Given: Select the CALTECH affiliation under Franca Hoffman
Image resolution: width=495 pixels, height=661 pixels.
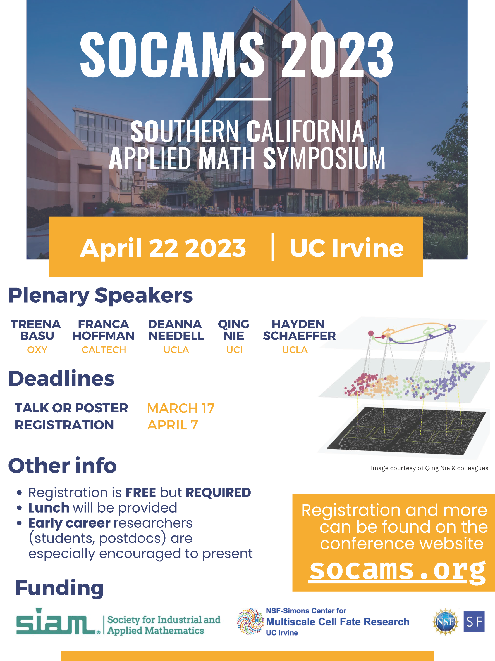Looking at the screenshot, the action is coord(104,350).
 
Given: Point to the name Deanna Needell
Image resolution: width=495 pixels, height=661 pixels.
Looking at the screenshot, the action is coord(176,330).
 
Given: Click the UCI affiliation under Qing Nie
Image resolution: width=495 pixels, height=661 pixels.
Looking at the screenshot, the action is coord(234,350).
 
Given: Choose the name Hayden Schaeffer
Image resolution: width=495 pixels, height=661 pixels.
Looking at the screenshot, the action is coord(299,330).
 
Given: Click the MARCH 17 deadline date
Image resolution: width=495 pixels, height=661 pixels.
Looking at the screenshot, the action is coord(181,408).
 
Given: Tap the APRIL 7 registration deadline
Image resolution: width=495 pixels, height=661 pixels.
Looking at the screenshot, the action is coord(173,425).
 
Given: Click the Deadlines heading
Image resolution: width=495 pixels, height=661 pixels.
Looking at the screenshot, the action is coord(61,379).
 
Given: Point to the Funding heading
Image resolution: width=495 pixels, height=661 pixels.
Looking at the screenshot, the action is coord(59,588).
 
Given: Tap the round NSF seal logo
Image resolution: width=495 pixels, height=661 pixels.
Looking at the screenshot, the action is coord(446,622).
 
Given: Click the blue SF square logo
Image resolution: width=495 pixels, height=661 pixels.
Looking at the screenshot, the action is coord(474,622).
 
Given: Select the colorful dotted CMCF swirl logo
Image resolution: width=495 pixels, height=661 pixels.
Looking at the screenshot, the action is coord(250,621).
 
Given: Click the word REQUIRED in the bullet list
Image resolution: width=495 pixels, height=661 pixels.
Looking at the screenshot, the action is coord(218,493).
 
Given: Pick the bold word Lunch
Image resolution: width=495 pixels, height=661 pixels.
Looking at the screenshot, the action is coord(49,508).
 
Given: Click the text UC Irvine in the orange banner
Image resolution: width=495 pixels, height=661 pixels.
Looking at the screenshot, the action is coord(346,248).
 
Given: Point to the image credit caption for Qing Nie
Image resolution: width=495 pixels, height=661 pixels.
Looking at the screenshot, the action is coord(429,468).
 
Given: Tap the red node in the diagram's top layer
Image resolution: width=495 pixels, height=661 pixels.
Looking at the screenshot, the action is coord(371,333).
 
